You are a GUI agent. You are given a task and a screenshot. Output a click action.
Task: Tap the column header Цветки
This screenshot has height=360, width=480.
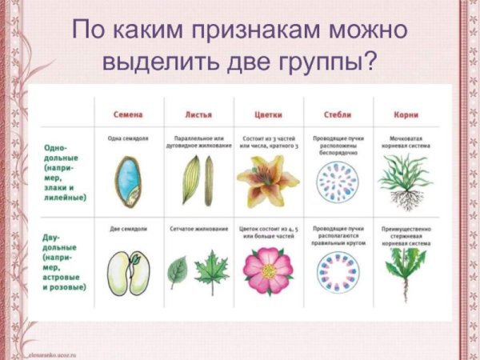(x=268, y=113)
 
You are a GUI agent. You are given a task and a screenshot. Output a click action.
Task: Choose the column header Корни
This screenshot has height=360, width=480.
(x=406, y=113)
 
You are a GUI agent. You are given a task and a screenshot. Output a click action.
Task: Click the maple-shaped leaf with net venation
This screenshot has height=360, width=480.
(x=212, y=271)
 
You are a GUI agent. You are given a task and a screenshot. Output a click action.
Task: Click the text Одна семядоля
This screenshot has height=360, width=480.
(x=128, y=138)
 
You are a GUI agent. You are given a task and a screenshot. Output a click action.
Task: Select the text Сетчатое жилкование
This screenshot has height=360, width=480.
(x=197, y=229)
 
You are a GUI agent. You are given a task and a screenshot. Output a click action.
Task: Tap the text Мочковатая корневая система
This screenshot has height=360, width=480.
(x=406, y=142)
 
